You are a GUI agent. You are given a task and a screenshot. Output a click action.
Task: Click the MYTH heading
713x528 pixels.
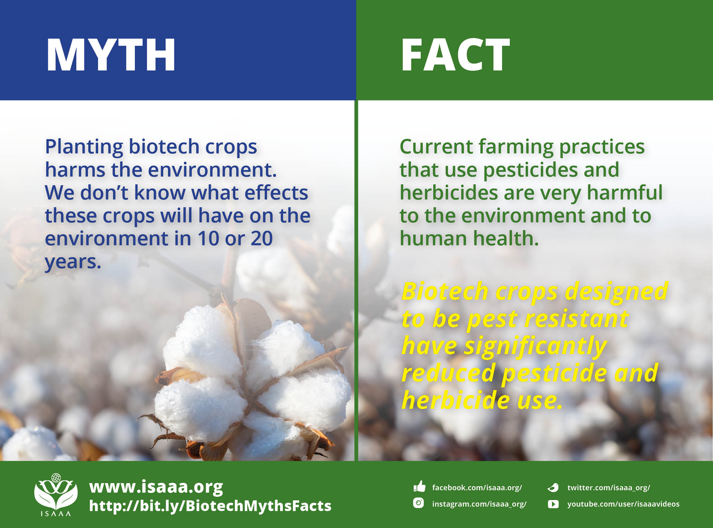111,55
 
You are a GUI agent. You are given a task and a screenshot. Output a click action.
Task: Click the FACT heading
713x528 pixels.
455,55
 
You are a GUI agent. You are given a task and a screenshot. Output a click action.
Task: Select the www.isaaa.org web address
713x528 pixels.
156,487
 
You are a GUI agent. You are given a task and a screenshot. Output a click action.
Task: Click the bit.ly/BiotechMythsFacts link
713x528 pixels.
210,506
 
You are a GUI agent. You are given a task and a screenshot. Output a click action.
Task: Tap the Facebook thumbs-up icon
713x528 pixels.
419,487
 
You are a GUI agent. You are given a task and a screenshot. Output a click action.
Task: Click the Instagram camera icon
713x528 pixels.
418,503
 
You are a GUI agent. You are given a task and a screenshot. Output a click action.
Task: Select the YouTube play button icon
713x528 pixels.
553,504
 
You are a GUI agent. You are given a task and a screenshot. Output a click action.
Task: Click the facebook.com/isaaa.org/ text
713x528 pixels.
477,488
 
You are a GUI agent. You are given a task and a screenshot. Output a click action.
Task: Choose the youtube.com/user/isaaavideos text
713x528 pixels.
623,504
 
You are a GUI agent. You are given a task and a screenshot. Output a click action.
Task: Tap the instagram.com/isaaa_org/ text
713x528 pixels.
479,504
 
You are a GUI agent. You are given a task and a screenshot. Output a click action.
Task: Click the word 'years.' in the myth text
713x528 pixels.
73,262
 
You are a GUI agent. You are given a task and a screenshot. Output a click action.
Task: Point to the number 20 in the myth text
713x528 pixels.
261,238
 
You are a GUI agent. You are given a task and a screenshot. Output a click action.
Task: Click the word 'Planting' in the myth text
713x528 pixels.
84,147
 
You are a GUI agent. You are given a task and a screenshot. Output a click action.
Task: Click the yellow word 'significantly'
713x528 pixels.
535,346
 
